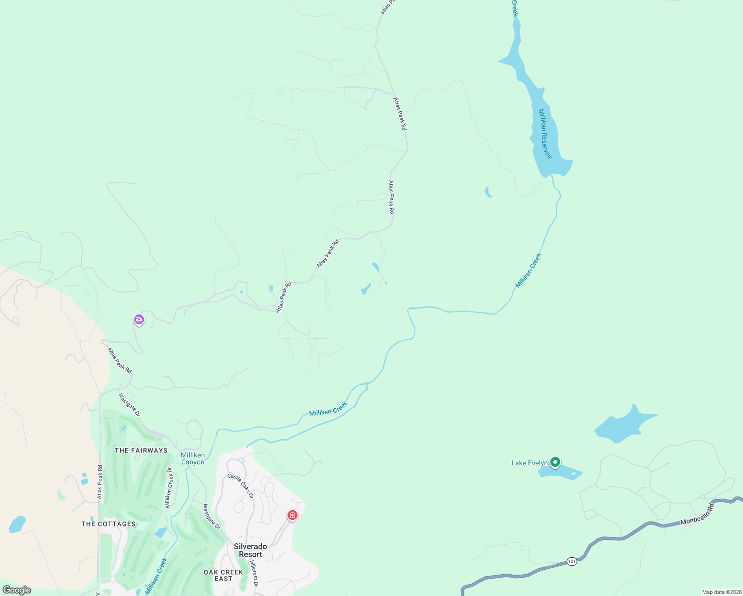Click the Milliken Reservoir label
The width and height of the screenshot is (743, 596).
(x=545, y=134)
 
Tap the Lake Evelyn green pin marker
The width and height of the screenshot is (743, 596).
(x=555, y=463)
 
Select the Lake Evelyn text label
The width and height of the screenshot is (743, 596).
(x=529, y=463)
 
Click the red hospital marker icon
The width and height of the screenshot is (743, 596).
(x=293, y=516)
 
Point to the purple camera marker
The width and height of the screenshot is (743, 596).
(x=139, y=319)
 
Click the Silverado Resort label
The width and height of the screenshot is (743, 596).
(x=250, y=550)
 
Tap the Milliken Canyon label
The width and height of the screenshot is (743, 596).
(x=193, y=458)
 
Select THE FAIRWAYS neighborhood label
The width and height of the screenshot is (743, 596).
(x=141, y=450)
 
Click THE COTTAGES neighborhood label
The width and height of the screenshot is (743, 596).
(x=108, y=524)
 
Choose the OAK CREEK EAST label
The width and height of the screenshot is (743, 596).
(x=223, y=575)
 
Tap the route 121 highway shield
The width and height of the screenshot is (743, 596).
(x=572, y=561)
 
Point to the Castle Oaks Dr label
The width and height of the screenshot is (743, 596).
(x=240, y=486)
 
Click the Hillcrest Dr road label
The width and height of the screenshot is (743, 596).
(x=254, y=574)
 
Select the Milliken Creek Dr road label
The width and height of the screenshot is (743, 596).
(x=169, y=488)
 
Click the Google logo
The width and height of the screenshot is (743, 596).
(x=17, y=590)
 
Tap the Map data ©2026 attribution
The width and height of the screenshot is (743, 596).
(x=721, y=592)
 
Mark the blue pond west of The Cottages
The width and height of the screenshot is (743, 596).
(x=17, y=524)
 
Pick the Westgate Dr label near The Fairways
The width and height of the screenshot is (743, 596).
(x=129, y=405)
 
